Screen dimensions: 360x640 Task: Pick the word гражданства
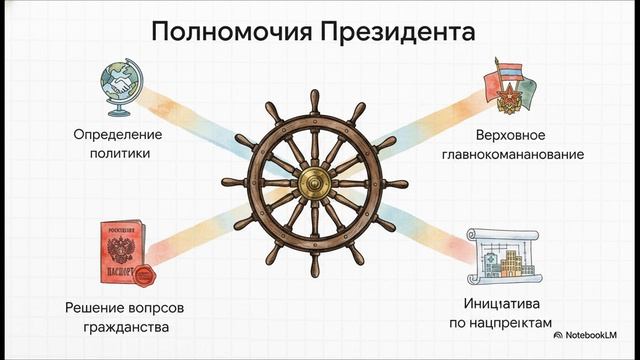125,326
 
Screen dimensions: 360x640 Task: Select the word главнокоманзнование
511,154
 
